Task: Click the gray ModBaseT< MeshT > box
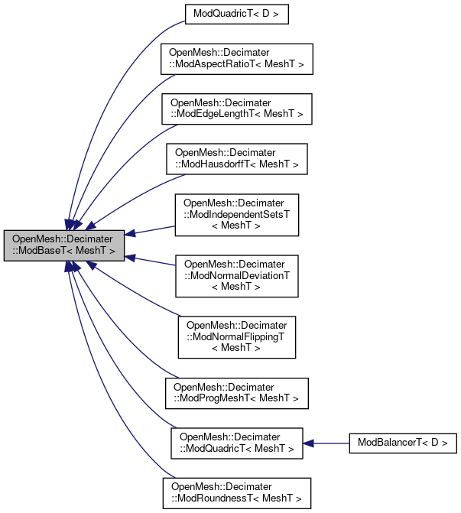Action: (x=63, y=244)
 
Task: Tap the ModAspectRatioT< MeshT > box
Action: (x=236, y=59)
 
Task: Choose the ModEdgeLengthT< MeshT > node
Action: (x=236, y=108)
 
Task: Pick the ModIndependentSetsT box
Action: (x=236, y=215)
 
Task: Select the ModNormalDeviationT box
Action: (x=236, y=275)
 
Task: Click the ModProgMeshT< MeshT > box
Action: (x=236, y=392)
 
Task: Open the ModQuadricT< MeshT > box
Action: (x=236, y=443)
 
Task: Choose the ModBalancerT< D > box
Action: (x=403, y=443)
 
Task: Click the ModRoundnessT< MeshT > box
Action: (x=236, y=493)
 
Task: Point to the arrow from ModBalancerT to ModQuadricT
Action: (x=329, y=443)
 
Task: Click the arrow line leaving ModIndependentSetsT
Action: (x=153, y=229)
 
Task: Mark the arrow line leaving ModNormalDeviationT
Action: (x=153, y=261)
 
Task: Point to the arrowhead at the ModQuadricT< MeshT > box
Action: (x=308, y=443)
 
